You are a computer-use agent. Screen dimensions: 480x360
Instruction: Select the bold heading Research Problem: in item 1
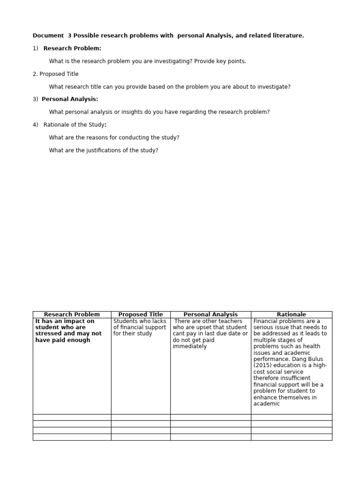(72, 48)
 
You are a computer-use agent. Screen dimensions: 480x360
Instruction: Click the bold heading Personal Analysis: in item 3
(70, 99)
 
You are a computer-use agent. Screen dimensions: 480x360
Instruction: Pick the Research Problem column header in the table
(72, 315)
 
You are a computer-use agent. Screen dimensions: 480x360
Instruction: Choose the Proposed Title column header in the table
(141, 315)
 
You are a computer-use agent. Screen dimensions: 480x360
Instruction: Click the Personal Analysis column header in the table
(210, 315)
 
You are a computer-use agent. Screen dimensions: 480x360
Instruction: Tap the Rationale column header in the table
(292, 315)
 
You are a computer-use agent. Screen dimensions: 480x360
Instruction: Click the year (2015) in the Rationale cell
(264, 365)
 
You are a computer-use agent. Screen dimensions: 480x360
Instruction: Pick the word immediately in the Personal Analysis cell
(189, 346)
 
